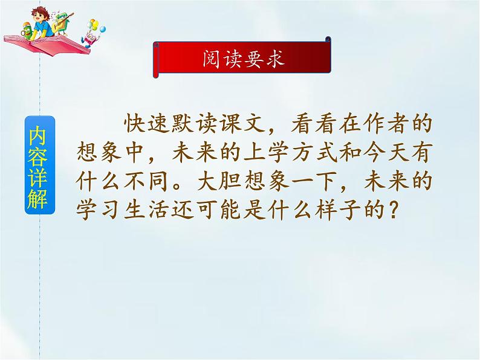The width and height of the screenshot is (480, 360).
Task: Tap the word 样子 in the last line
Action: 333,211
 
